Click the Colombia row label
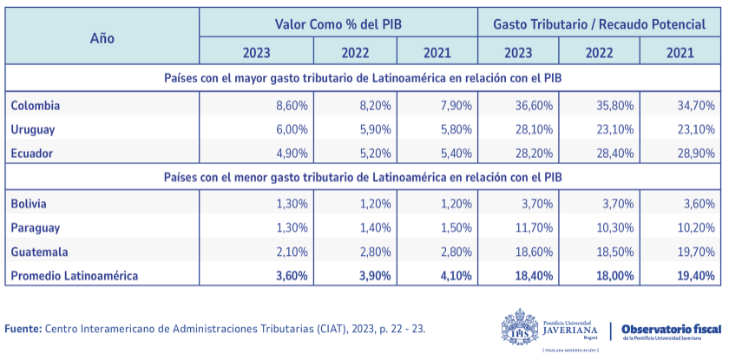tap(36, 105)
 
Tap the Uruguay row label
tap(33, 129)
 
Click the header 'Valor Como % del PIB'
tap(338, 23)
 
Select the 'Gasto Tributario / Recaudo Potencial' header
tap(599, 23)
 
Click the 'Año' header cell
tap(102, 38)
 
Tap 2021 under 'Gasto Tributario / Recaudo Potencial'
tap(680, 53)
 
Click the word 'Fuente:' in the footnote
tap(23, 329)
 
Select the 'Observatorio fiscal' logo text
tap(671, 329)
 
